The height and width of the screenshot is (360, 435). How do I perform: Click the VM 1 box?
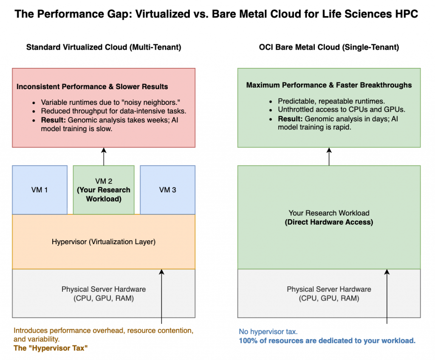click(x=40, y=190)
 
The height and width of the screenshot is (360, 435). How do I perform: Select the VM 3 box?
click(x=167, y=190)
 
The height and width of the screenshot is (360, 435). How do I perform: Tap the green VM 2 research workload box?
click(x=104, y=190)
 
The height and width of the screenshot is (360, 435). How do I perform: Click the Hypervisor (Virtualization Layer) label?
click(x=104, y=242)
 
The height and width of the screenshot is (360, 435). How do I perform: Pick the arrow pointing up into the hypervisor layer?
click(x=162, y=297)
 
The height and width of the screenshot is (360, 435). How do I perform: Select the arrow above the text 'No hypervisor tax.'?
click(x=387, y=297)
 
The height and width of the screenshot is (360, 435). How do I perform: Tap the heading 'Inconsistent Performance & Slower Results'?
click(x=92, y=87)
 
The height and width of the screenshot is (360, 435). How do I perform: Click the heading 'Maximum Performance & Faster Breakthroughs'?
click(x=329, y=85)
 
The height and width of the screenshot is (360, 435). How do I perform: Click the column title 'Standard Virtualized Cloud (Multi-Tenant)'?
click(x=104, y=48)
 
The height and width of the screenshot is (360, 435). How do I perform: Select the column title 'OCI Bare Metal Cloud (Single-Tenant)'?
click(x=329, y=48)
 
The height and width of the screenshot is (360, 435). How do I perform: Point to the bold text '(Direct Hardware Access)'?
click(x=329, y=222)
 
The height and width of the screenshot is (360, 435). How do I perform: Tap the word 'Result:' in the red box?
click(x=53, y=121)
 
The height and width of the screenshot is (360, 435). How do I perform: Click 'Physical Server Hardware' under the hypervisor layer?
click(x=104, y=290)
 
